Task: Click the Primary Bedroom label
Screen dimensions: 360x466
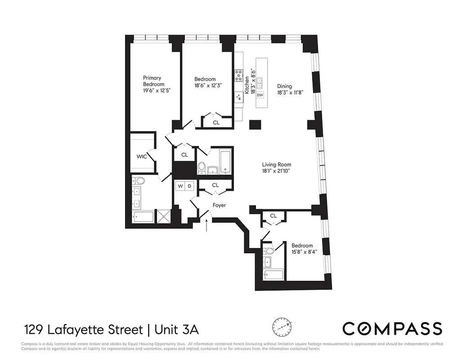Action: (x=153, y=81)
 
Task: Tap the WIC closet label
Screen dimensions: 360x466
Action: (x=142, y=157)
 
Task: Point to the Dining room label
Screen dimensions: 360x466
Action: (x=284, y=86)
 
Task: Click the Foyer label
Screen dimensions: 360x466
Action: (x=219, y=205)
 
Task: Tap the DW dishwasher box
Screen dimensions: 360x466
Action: (x=260, y=95)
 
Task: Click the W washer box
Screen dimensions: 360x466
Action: (x=180, y=185)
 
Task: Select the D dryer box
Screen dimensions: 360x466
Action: (x=189, y=185)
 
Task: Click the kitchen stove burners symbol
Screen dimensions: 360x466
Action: (x=238, y=74)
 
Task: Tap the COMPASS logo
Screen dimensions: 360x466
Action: (x=392, y=328)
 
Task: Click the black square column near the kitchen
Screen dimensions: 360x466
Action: (x=255, y=125)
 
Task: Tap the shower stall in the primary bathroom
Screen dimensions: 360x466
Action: (x=163, y=216)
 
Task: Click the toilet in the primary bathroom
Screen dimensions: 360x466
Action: (x=139, y=181)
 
